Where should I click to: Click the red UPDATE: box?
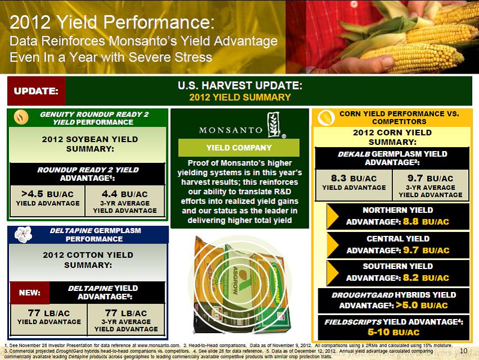tap(36, 91)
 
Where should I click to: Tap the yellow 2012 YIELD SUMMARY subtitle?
tap(240, 97)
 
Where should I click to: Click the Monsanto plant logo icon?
tap(274, 124)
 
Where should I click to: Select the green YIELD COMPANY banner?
tap(238, 148)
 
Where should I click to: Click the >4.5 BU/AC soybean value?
tap(48, 194)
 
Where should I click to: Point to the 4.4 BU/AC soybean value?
tap(125, 194)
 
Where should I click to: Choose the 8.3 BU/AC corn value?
tap(354, 178)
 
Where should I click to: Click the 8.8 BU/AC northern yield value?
tap(426, 221)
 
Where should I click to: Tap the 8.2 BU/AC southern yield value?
tap(426, 277)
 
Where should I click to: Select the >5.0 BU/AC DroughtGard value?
tap(422, 305)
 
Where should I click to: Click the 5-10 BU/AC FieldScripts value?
tap(394, 332)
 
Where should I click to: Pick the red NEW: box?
tap(30, 293)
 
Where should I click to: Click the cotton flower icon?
tap(23, 234)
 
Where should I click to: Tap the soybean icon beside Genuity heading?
tap(21, 117)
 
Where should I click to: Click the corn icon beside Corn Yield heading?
tap(326, 118)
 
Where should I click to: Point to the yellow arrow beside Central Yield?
tap(332, 245)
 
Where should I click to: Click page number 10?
tap(463, 350)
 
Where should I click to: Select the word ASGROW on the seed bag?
tap(236, 281)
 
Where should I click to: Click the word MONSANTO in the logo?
tap(231, 130)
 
